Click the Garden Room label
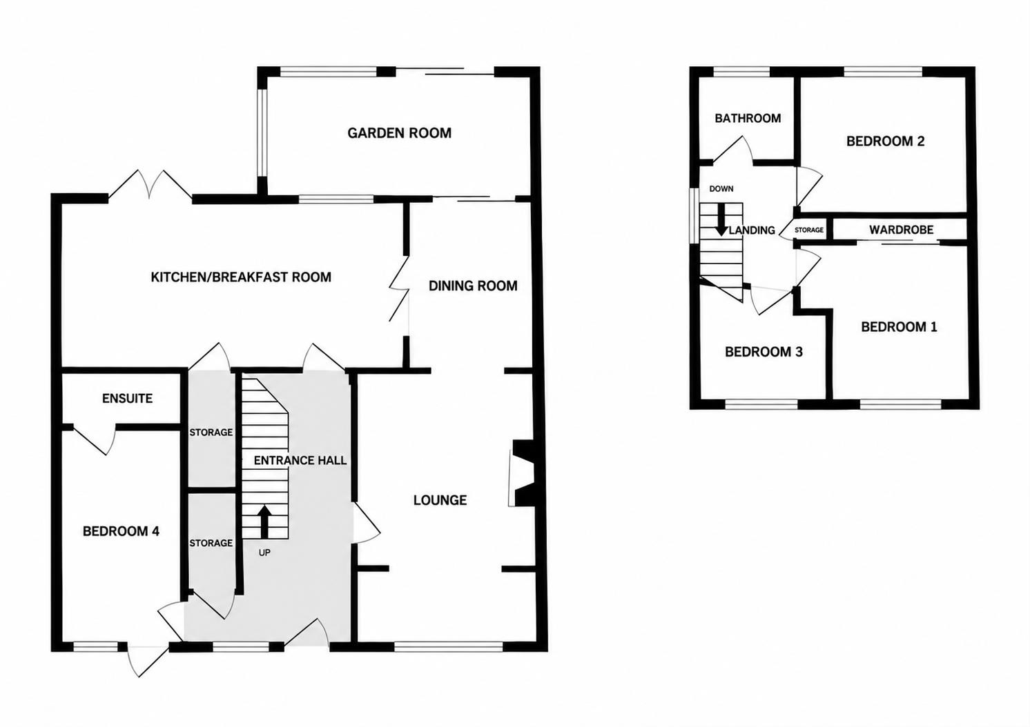coord(399,133)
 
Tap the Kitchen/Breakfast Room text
coord(241,277)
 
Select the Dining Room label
coord(473,286)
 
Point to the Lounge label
coord(440,500)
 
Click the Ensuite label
coord(128,399)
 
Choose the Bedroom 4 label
coord(121,532)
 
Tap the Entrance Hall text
coord(300,461)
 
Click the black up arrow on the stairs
coord(264,521)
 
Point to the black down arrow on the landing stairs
coord(721,219)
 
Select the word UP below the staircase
coord(264,552)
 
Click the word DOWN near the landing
coord(721,189)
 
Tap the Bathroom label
coord(748,119)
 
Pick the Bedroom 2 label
coord(885,141)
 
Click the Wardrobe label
coord(902,230)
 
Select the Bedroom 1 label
coord(899,327)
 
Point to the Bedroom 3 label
coord(764,352)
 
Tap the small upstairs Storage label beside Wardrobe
coord(809,230)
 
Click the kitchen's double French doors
coord(150,185)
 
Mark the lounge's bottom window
coord(448,646)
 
